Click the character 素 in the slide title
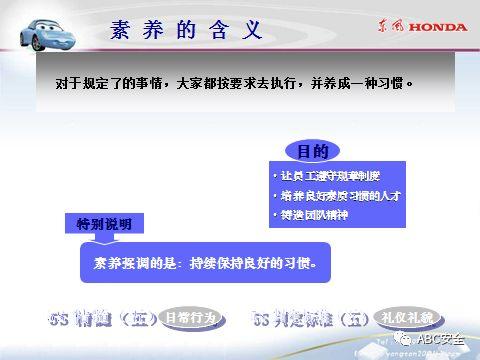121,30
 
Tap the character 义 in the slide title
254,30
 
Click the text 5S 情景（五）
100,318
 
